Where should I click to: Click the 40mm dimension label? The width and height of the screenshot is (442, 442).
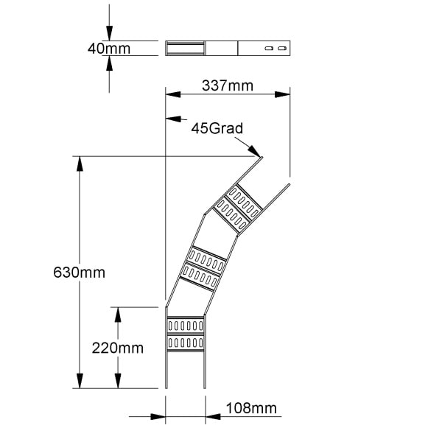(x=109, y=49)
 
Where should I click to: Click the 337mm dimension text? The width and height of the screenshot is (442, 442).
(x=228, y=85)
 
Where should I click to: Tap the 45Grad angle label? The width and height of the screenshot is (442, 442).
(x=217, y=128)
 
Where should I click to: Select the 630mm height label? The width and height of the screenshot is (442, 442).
(x=80, y=273)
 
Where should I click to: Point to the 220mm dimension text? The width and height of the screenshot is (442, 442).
(x=118, y=348)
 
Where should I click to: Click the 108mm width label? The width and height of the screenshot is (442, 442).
(x=251, y=408)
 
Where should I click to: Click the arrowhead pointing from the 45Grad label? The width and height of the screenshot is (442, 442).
(x=254, y=151)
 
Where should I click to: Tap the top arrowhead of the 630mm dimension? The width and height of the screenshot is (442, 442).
(x=80, y=164)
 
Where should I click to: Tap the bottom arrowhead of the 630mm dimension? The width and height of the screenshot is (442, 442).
(x=80, y=381)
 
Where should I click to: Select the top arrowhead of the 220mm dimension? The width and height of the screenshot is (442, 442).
(x=118, y=315)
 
